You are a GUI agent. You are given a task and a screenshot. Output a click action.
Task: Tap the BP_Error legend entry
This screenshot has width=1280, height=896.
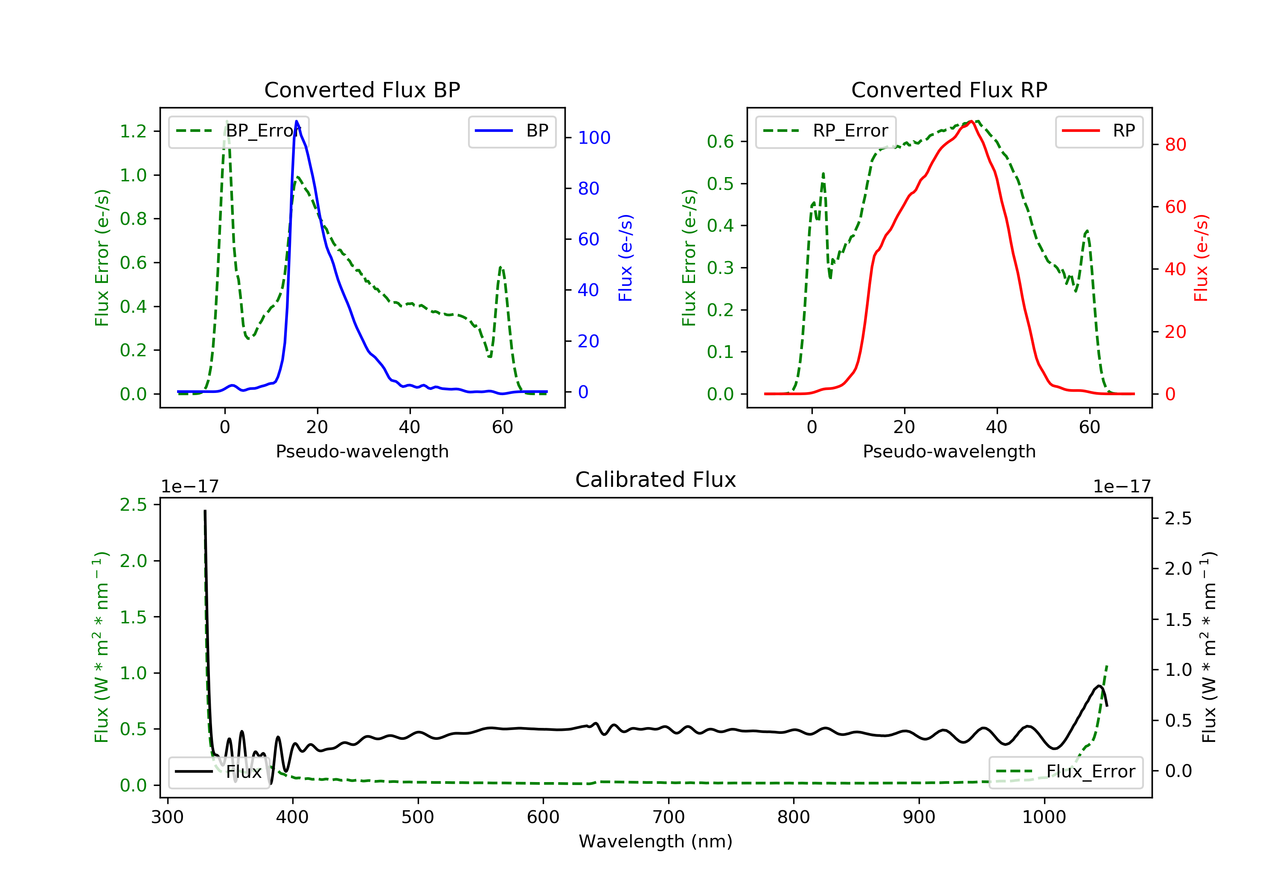pyautogui.click(x=239, y=131)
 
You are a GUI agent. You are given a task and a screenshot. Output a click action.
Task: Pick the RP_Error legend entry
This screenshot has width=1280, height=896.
pyautogui.click(x=826, y=131)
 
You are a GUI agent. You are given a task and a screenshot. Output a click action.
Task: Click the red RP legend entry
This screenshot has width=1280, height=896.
pyautogui.click(x=1099, y=131)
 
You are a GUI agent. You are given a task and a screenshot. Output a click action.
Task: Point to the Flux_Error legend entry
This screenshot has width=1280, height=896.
pyautogui.click(x=1066, y=772)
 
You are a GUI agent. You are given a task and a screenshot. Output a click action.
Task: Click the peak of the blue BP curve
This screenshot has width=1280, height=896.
pyautogui.click(x=297, y=121)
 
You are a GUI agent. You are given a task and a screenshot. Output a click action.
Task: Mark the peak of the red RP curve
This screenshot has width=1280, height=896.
pyautogui.click(x=971, y=121)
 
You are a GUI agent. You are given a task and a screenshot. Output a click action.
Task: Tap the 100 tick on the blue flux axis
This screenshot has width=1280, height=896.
pyautogui.click(x=594, y=138)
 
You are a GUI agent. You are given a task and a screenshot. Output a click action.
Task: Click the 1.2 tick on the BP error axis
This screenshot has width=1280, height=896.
pyautogui.click(x=133, y=131)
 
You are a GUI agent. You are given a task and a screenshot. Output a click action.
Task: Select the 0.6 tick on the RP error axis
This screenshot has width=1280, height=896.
pyautogui.click(x=720, y=142)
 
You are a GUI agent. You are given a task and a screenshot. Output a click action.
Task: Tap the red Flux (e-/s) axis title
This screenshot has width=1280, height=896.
pyautogui.click(x=1200, y=258)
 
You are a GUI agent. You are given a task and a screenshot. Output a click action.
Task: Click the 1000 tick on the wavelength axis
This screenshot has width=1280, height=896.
pyautogui.click(x=1044, y=817)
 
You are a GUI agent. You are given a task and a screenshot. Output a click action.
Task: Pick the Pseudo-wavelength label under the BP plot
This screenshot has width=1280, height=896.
pyautogui.click(x=362, y=451)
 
